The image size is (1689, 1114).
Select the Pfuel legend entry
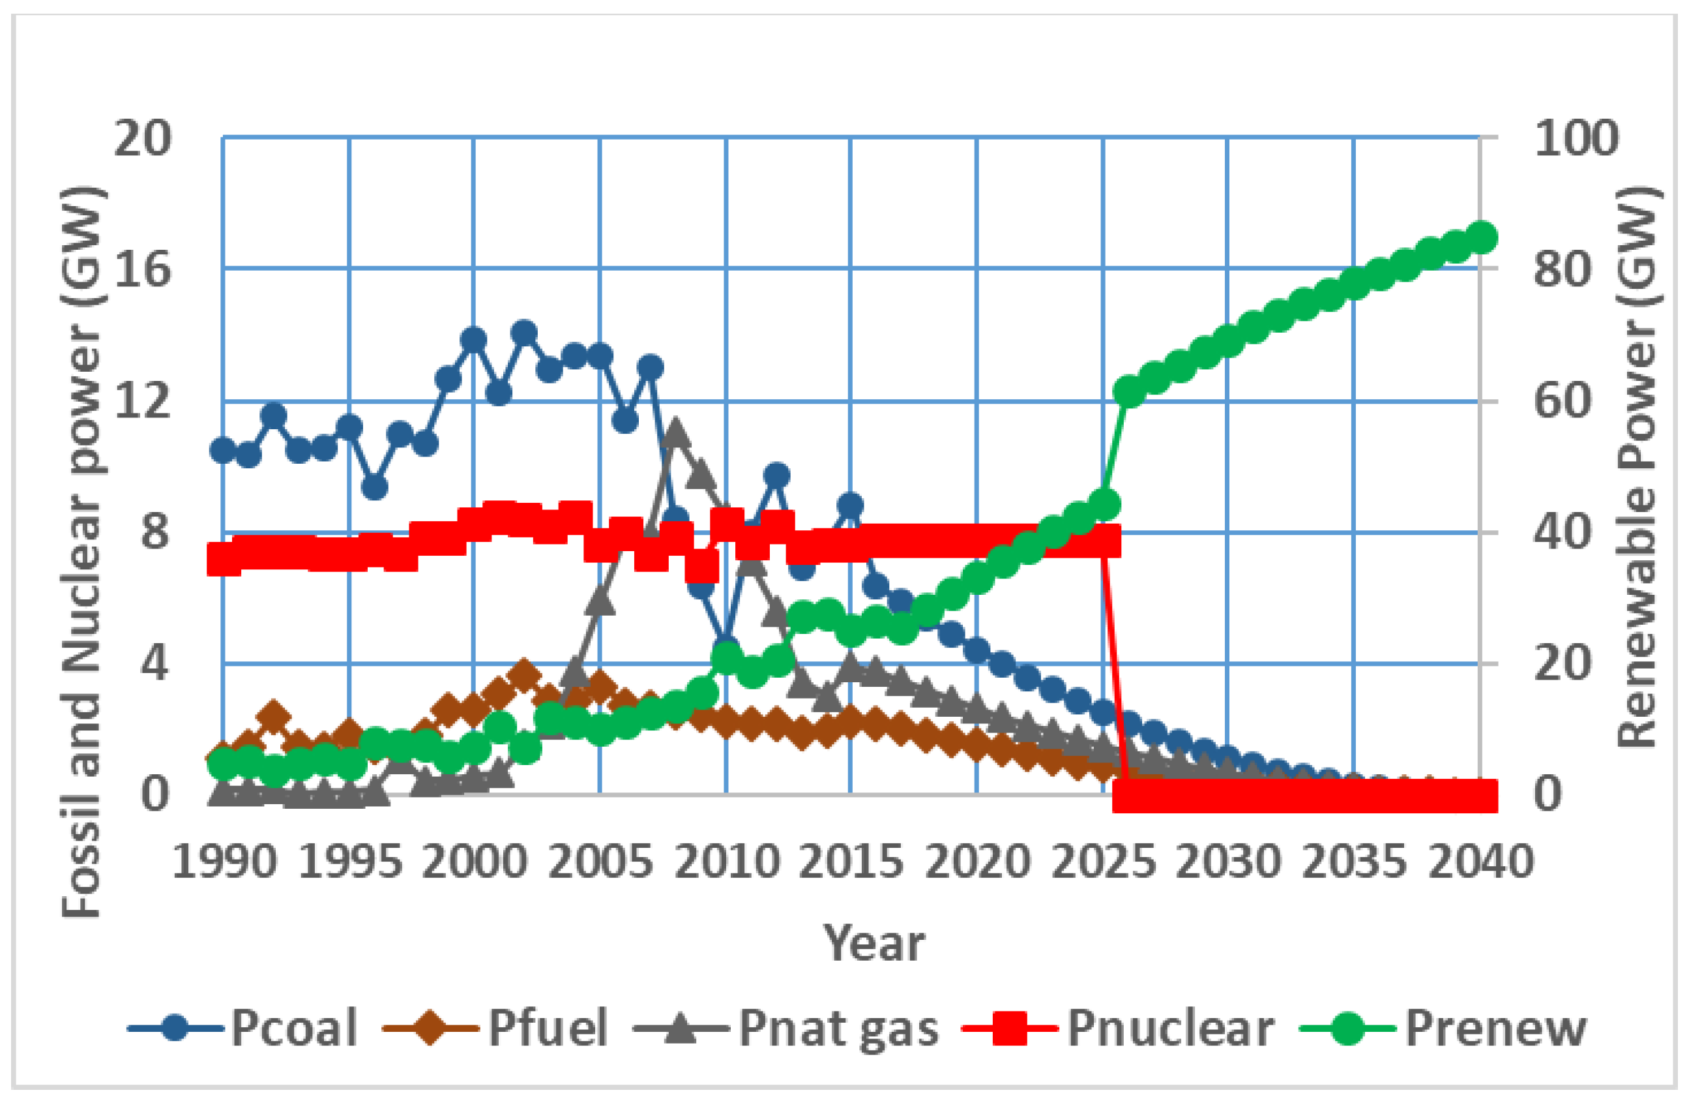[x=496, y=1028]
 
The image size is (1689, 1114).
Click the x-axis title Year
[x=874, y=944]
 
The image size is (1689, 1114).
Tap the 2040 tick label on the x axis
[x=1481, y=862]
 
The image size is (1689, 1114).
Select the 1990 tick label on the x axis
[x=224, y=862]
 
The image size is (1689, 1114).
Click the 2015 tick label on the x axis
[x=851, y=862]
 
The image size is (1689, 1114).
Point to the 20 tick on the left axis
[x=143, y=138]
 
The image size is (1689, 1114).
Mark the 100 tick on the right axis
[x=1577, y=138]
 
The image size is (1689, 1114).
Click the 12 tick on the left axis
[x=143, y=400]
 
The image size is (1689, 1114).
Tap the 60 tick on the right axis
[x=1563, y=400]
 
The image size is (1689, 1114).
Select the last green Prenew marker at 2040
[x=1482, y=237]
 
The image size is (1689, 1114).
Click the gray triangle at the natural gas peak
[x=675, y=432]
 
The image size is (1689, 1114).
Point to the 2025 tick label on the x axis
[x=1102, y=862]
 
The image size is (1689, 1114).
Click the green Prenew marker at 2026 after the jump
[x=1128, y=391]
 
